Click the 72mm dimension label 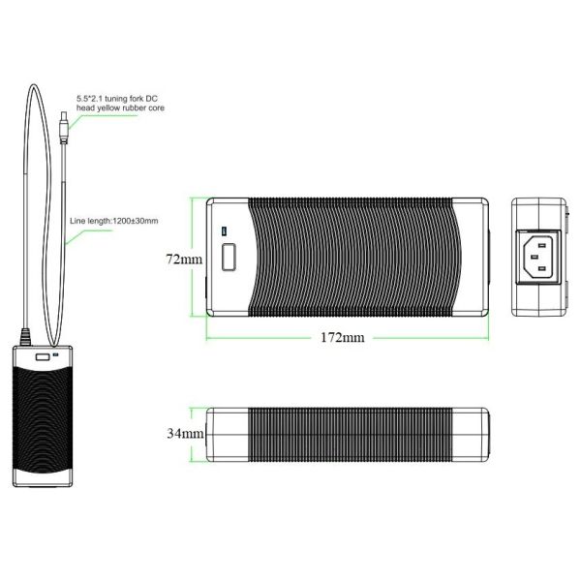184,259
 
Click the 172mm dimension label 343,337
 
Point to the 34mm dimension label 185,433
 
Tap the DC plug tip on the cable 63,113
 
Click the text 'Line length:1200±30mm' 114,221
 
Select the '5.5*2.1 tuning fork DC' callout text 117,99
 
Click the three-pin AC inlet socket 538,257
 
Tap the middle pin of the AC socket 534,257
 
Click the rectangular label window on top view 229,257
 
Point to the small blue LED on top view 224,231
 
